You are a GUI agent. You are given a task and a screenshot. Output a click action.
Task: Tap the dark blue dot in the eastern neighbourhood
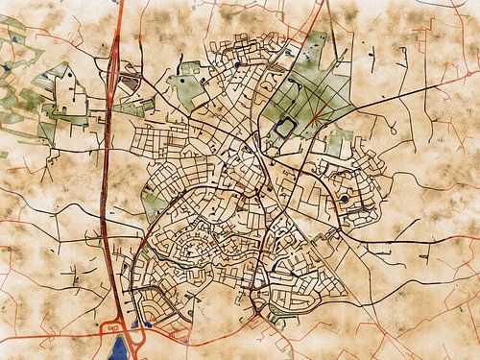[344, 199]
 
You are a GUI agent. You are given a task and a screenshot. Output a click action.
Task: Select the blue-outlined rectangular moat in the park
[286, 126]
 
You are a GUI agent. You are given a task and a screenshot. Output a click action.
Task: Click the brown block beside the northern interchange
[133, 84]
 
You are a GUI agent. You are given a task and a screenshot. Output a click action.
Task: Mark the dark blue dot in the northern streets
[235, 65]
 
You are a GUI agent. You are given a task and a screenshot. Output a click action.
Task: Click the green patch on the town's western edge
[154, 204]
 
